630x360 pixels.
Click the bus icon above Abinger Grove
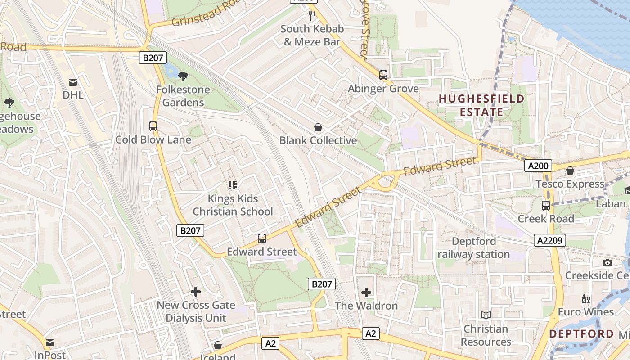383,75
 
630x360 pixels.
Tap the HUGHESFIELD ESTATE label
481,105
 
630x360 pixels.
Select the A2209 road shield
550,240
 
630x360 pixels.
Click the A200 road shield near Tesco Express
538,166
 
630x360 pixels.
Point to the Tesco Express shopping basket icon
570,171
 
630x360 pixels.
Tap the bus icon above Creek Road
546,206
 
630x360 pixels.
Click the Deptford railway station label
474,248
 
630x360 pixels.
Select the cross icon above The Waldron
366,292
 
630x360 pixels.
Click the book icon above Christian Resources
486,315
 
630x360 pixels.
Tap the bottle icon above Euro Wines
585,299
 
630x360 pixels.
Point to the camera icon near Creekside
607,262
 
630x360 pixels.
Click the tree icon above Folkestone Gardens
183,76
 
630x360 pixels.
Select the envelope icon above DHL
73,82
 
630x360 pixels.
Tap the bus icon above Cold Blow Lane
153,126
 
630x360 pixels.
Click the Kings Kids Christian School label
233,205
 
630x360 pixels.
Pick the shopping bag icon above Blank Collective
318,127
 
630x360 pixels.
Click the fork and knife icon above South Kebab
312,16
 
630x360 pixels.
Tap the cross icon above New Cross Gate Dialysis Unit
196,292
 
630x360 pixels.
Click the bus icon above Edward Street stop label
261,238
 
